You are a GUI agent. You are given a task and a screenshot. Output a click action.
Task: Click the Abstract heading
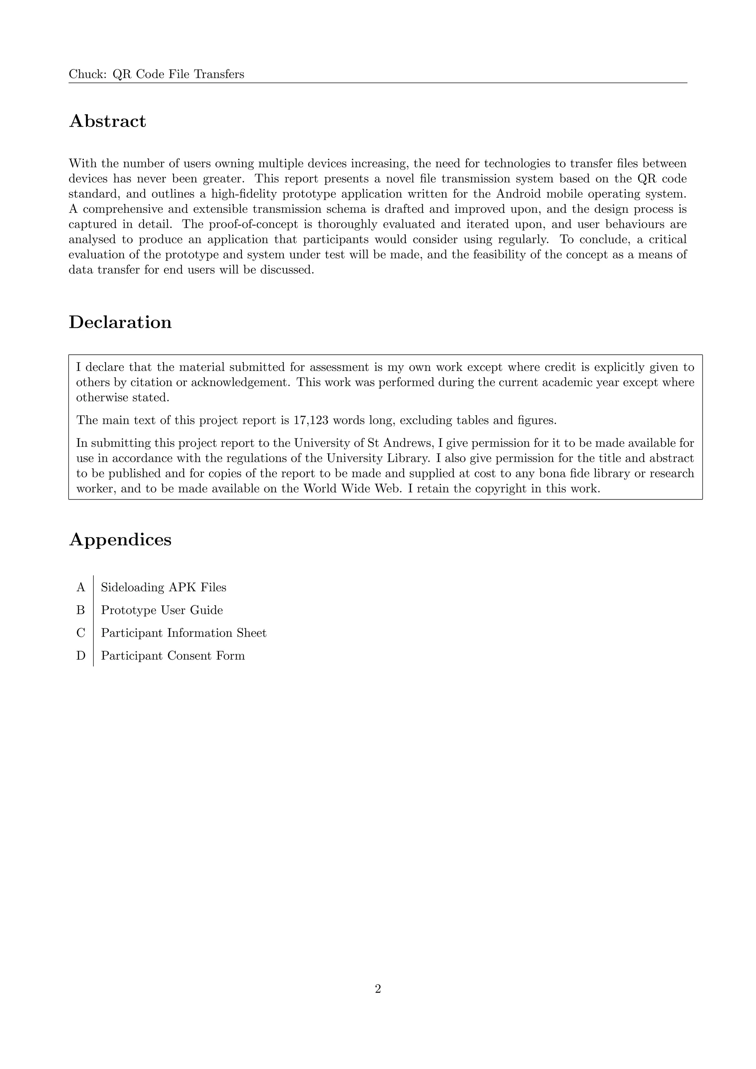pos(107,121)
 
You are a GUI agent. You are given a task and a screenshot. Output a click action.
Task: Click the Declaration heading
pos(120,322)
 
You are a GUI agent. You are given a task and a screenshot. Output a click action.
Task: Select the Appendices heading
pos(120,540)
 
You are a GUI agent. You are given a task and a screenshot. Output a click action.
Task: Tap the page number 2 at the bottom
pos(378,989)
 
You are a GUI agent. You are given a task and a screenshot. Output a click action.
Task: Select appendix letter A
pos(81,588)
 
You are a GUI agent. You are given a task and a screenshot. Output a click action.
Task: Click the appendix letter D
pos(81,656)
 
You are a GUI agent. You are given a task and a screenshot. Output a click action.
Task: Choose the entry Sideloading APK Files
pos(164,588)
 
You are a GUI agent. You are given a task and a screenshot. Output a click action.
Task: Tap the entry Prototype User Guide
pos(162,611)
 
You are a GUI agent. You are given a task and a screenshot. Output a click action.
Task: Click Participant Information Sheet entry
pos(183,633)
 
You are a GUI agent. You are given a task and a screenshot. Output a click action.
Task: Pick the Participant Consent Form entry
pos(173,656)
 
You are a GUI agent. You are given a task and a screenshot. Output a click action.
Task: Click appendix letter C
pos(81,633)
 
